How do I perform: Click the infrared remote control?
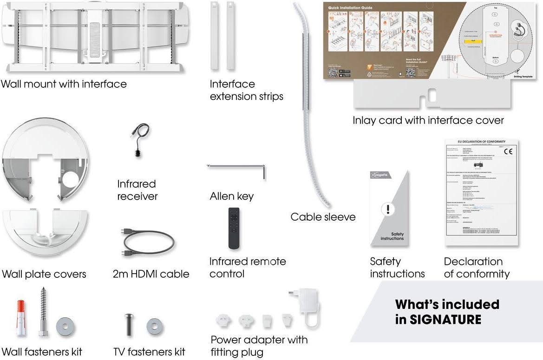(x=234, y=228)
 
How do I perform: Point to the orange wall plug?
(x=20, y=318)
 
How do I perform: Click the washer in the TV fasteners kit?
(x=155, y=326)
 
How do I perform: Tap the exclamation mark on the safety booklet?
(x=387, y=209)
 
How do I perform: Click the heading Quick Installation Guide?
(x=350, y=8)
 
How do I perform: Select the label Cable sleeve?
(x=323, y=217)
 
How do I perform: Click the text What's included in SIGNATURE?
(x=447, y=312)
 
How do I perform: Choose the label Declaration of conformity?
(x=476, y=268)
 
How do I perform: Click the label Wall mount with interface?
(x=64, y=84)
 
